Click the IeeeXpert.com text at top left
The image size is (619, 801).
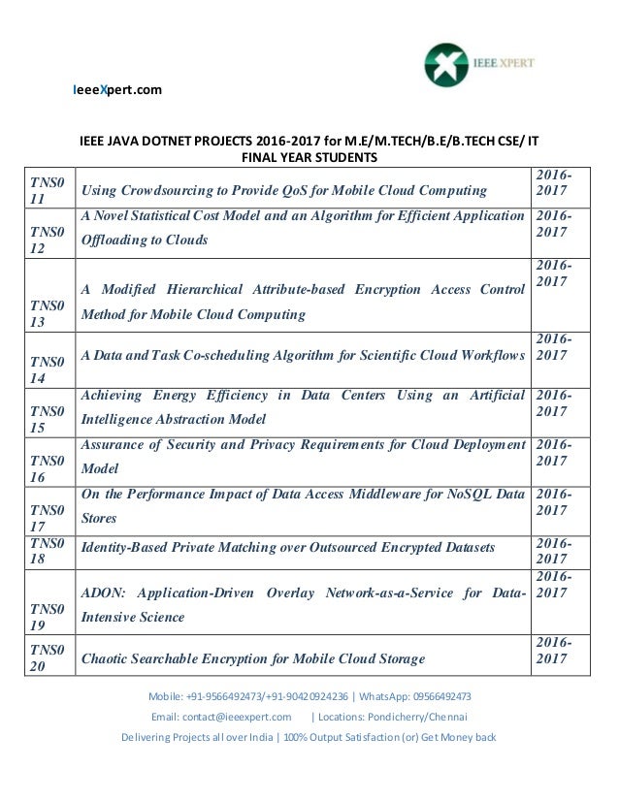(x=117, y=91)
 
